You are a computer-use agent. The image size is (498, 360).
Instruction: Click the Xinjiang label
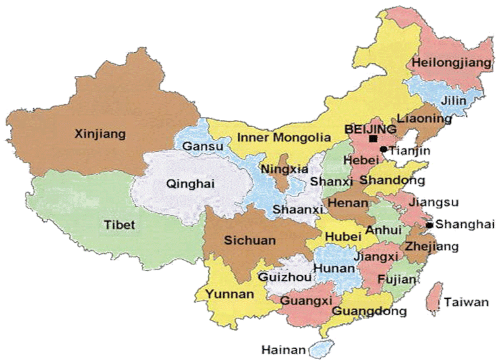pyautogui.click(x=100, y=134)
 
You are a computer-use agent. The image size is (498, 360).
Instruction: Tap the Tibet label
pyautogui.click(x=119, y=225)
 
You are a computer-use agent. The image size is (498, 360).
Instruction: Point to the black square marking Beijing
pyautogui.click(x=373, y=139)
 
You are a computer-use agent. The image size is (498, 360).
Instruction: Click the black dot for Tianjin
pyautogui.click(x=383, y=149)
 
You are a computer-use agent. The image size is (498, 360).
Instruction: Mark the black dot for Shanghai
pyautogui.click(x=429, y=225)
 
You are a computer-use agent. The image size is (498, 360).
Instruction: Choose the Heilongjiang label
pyautogui.click(x=451, y=63)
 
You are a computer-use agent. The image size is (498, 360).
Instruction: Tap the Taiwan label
pyautogui.click(x=466, y=303)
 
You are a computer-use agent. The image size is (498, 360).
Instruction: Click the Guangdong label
pyautogui.click(x=370, y=311)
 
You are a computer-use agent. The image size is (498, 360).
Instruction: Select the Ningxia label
pyautogui.click(x=285, y=169)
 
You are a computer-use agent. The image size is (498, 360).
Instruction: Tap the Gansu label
pyautogui.click(x=198, y=146)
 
